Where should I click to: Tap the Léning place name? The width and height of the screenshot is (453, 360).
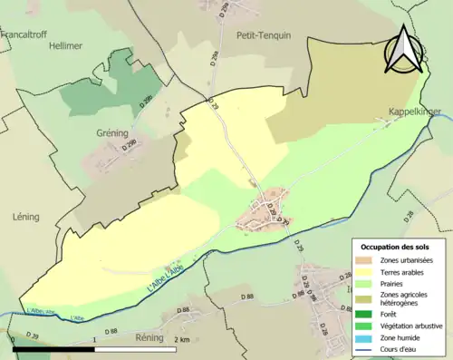26,218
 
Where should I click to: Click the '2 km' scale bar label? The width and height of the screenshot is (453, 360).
183,340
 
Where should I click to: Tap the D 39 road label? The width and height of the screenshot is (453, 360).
33,336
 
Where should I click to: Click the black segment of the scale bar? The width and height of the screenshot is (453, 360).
54,348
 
